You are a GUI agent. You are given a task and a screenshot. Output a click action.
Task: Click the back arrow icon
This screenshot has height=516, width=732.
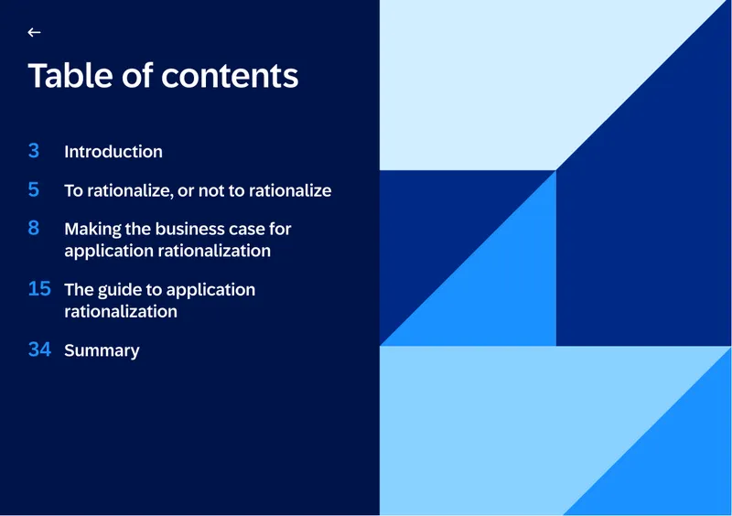coord(34,32)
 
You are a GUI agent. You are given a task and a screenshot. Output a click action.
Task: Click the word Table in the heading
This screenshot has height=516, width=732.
coord(70,75)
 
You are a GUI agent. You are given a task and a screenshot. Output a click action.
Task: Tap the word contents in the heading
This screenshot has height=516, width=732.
coord(230,76)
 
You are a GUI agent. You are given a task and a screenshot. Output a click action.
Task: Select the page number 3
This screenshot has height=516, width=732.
coord(34,151)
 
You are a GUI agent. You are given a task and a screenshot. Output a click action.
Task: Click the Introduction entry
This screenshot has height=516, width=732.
coord(113,152)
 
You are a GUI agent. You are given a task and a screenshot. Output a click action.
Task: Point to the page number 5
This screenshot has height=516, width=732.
coord(34,189)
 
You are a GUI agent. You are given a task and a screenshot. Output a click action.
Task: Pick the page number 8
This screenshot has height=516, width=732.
coord(34,228)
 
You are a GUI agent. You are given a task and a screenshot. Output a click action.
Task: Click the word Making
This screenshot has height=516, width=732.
coord(93,230)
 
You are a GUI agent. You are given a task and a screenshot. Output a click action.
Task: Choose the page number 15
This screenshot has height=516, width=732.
coord(39,288)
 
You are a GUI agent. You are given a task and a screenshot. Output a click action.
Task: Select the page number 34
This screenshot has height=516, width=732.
coord(39,349)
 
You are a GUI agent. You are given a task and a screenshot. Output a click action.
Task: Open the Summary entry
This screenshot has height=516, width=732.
coord(102,351)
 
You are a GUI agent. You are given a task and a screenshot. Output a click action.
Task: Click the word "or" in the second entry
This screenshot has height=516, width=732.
coord(186,191)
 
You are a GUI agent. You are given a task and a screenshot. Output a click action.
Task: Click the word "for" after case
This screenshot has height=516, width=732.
coord(280,229)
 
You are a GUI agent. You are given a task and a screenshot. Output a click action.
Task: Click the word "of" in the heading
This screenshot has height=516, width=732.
coord(137,75)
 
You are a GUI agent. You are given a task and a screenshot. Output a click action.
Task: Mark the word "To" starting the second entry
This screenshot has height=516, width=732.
coord(73,190)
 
